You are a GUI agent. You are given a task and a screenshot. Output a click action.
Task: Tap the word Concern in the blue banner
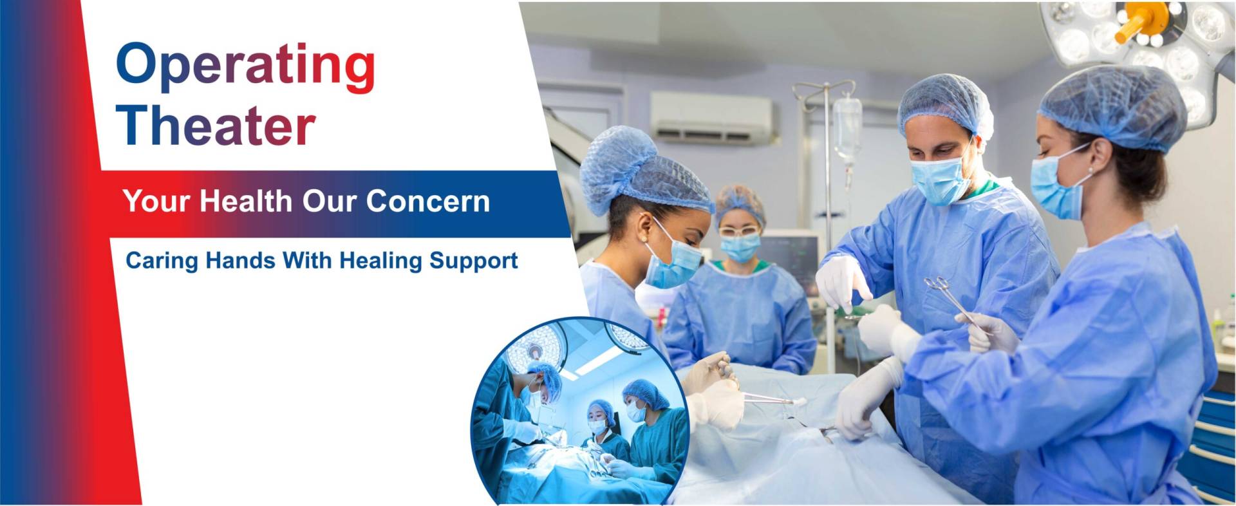point(428,201)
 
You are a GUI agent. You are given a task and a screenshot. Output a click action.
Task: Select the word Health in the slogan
point(246,201)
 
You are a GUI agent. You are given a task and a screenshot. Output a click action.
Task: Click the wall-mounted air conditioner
point(711,118)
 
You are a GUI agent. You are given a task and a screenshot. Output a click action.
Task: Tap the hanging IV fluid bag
point(847,129)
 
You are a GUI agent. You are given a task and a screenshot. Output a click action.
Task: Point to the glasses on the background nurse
point(738,230)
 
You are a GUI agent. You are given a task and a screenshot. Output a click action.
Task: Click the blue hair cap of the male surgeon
point(945,106)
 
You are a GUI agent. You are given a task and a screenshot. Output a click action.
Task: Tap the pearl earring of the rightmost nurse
point(1090,171)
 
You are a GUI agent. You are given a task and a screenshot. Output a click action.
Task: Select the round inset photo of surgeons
point(581,411)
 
